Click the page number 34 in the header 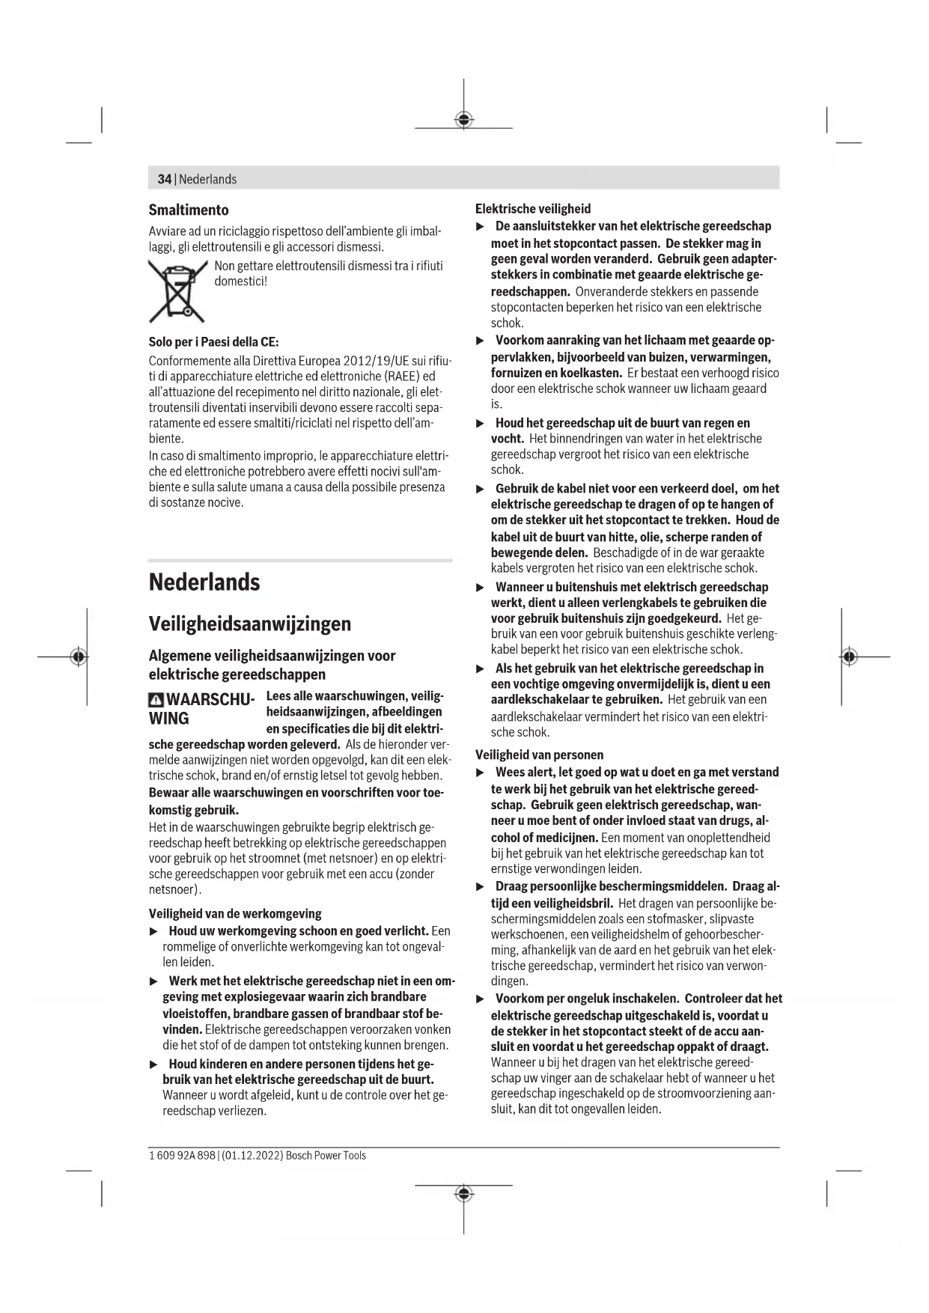tap(164, 179)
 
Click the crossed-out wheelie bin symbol tap(177, 290)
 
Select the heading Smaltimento tap(189, 210)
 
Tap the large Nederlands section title tap(204, 582)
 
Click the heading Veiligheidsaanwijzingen tap(249, 624)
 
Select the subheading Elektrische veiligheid tap(533, 209)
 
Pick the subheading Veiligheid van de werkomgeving tap(235, 913)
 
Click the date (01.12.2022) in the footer tap(252, 1155)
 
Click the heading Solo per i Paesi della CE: tap(213, 342)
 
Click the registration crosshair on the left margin tap(78, 656)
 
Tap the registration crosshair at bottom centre tap(464, 1193)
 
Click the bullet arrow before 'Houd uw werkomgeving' tap(154, 931)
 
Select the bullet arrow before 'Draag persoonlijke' tap(481, 887)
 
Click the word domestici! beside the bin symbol tap(241, 281)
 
